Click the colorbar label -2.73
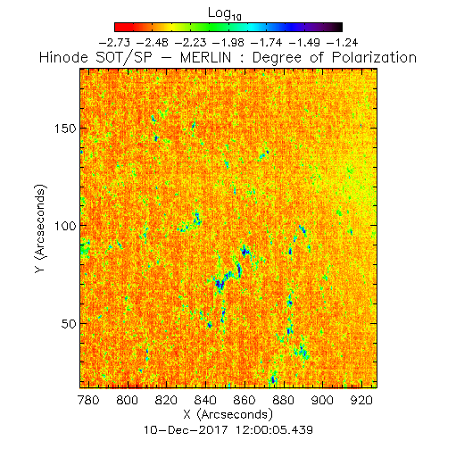point(114,43)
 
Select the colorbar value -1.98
point(228,43)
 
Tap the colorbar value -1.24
point(342,43)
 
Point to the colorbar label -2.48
point(153,43)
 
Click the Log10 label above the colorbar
point(225,13)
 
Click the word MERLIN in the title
point(205,57)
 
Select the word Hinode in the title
point(63,57)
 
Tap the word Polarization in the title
point(374,57)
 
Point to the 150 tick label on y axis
point(65,129)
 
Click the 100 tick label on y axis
point(65,226)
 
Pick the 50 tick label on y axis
point(69,324)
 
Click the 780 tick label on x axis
point(88,400)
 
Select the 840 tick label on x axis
point(205,400)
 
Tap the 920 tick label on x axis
point(361,400)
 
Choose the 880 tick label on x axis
point(283,400)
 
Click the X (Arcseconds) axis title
point(228,414)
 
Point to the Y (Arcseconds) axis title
point(41,228)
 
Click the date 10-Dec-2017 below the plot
point(186,430)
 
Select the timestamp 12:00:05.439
point(274,430)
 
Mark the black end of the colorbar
point(339,27)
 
